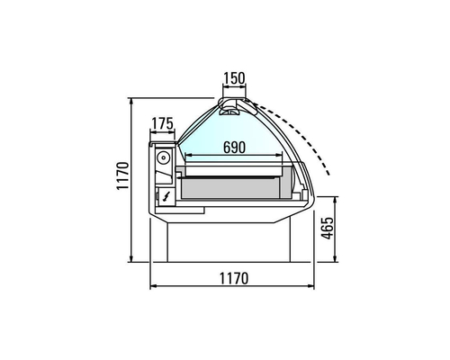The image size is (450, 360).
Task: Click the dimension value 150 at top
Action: [x=233, y=78]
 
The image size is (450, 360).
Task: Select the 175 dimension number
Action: [x=162, y=123]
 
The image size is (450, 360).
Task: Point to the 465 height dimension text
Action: [x=328, y=231]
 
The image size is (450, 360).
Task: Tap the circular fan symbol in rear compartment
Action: [x=163, y=157]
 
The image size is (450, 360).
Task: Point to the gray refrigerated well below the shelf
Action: [x=234, y=187]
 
